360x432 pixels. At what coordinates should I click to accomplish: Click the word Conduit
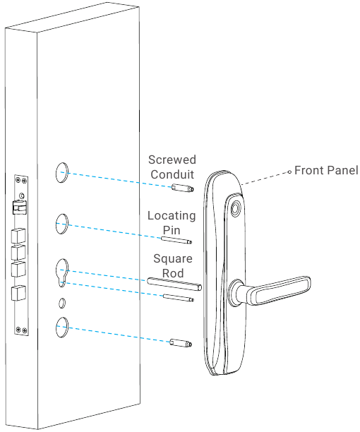coord(173,175)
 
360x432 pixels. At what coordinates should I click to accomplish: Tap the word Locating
coord(172,215)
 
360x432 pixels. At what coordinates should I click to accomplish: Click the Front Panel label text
coord(326,171)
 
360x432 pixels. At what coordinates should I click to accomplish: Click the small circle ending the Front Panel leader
coord(288,171)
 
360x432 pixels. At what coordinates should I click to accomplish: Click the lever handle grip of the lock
coord(282,289)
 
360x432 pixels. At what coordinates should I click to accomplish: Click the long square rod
coord(175,284)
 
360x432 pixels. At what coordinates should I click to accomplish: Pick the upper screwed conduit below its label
coord(181,189)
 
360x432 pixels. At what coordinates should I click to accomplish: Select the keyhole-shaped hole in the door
coord(62,272)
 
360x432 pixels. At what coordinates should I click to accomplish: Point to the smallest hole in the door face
coord(61,304)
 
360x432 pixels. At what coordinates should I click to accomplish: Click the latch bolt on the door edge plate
coord(19,209)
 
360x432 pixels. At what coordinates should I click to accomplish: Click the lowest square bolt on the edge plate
coord(19,293)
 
